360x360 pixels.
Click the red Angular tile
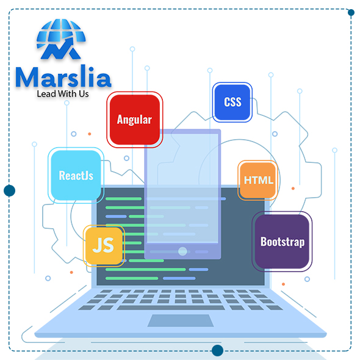click(134, 120)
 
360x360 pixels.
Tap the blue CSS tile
click(232, 102)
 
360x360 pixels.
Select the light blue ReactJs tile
click(76, 175)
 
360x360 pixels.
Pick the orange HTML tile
click(257, 180)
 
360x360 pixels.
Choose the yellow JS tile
click(104, 246)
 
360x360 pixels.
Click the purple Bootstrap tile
click(282, 242)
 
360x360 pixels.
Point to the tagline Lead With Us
click(63, 94)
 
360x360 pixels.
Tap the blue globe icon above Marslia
click(61, 39)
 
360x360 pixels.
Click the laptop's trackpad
click(181, 320)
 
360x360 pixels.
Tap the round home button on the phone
click(182, 251)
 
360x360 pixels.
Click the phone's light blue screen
click(182, 189)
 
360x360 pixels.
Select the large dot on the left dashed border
click(9, 190)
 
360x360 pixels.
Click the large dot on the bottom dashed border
click(217, 350)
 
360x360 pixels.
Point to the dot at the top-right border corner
click(351, 12)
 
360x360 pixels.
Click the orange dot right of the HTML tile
click(293, 189)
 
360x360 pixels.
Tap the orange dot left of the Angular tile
click(90, 134)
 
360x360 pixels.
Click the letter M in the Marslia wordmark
click(27, 77)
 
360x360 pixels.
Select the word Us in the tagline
click(84, 94)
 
